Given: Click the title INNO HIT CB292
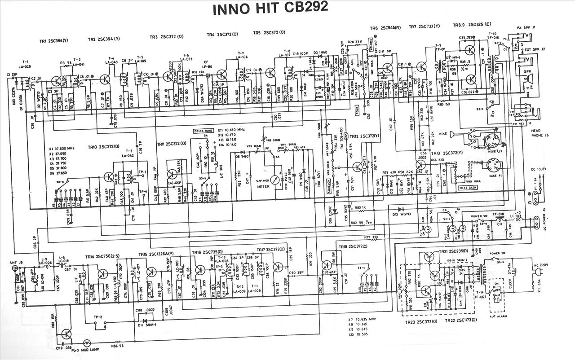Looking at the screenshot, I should point(270,8).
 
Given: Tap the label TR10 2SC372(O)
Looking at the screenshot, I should point(104,147).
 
